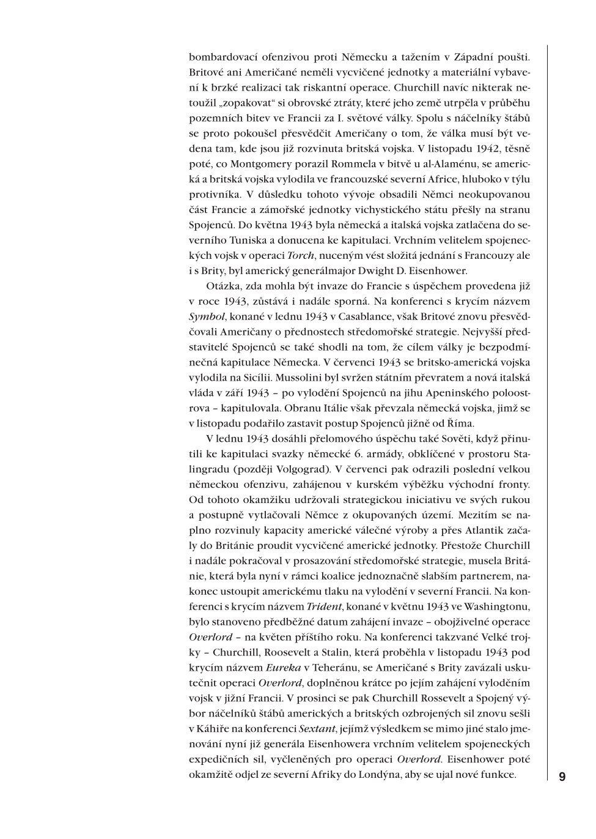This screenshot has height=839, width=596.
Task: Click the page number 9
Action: click(x=562, y=777)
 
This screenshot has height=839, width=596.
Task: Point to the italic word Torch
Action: click(x=301, y=255)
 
